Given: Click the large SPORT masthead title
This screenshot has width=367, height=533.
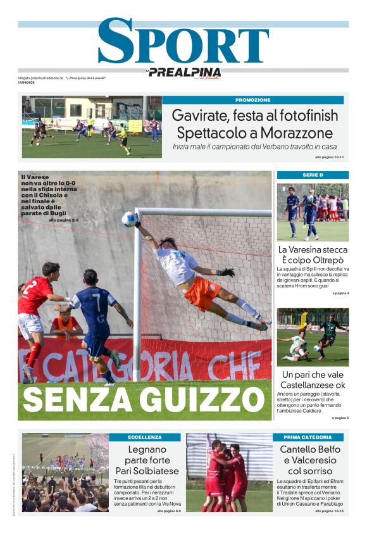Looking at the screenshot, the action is pos(183,42).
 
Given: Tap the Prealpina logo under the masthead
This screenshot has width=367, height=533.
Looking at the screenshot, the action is pos(184,72).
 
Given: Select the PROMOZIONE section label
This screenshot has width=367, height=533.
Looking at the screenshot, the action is pos(252,100).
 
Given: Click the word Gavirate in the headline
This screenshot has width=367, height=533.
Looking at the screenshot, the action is pos(202,116).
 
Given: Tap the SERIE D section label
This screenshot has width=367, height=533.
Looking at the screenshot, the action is pos(313,175).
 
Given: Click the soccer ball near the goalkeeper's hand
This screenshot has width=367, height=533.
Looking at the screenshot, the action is pos(128,219).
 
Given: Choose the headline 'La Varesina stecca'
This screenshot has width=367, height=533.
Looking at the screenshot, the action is pos(313,249).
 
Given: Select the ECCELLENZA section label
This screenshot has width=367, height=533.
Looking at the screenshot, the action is pos(145,437).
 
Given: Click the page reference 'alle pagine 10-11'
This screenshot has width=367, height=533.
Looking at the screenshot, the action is pos(329,156).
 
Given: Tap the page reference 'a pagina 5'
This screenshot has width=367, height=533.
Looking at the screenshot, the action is pos(340,418).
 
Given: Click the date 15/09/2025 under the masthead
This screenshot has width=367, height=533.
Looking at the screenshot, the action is pos(27,82).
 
